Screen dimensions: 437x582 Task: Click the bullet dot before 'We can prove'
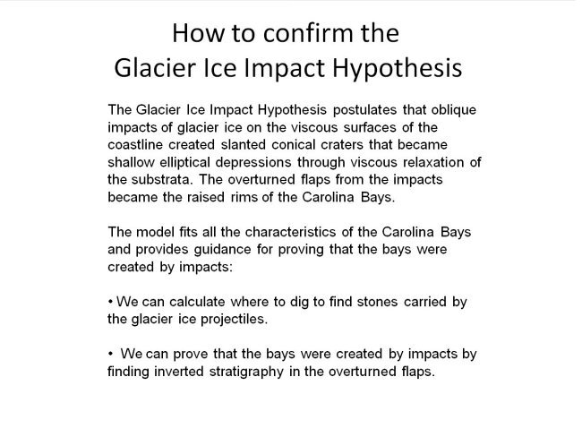tap(108, 355)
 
